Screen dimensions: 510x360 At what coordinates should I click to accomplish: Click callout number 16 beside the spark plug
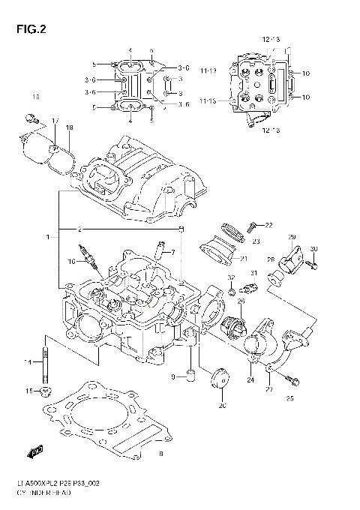71,262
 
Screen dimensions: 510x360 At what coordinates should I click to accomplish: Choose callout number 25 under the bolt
289,397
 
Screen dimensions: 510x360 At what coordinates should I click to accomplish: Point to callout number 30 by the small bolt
314,249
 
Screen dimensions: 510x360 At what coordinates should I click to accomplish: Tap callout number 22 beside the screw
269,225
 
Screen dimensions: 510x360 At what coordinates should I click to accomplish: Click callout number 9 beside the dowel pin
172,376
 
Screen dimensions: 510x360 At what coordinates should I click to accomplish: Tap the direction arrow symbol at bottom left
34,452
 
